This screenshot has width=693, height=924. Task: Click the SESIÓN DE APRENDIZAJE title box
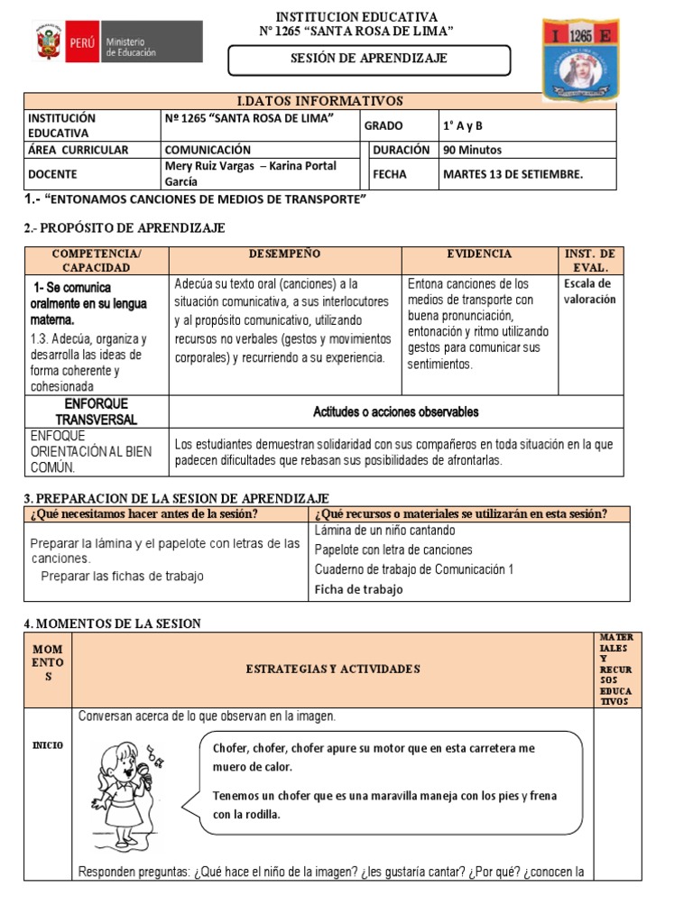tap(368, 60)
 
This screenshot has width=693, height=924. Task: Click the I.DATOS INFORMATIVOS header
tap(319, 101)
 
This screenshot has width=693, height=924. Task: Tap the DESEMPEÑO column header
tap(285, 254)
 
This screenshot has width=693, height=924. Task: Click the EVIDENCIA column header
tap(479, 254)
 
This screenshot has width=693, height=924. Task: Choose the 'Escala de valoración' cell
tap(589, 291)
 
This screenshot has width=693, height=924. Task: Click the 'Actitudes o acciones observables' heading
tap(396, 411)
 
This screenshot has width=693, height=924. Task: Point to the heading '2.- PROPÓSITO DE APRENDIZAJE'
tap(125, 228)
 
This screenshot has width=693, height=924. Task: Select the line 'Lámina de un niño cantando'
tap(385, 531)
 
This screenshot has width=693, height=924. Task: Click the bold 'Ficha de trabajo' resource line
tap(358, 589)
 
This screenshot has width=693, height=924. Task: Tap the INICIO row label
tap(48, 745)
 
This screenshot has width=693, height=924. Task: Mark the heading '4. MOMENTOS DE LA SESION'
tap(112, 624)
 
